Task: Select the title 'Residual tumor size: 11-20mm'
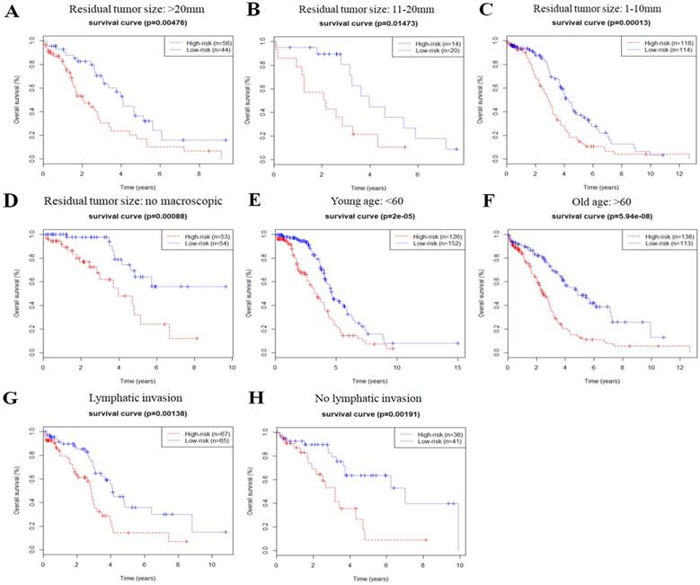pyautogui.click(x=350, y=8)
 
